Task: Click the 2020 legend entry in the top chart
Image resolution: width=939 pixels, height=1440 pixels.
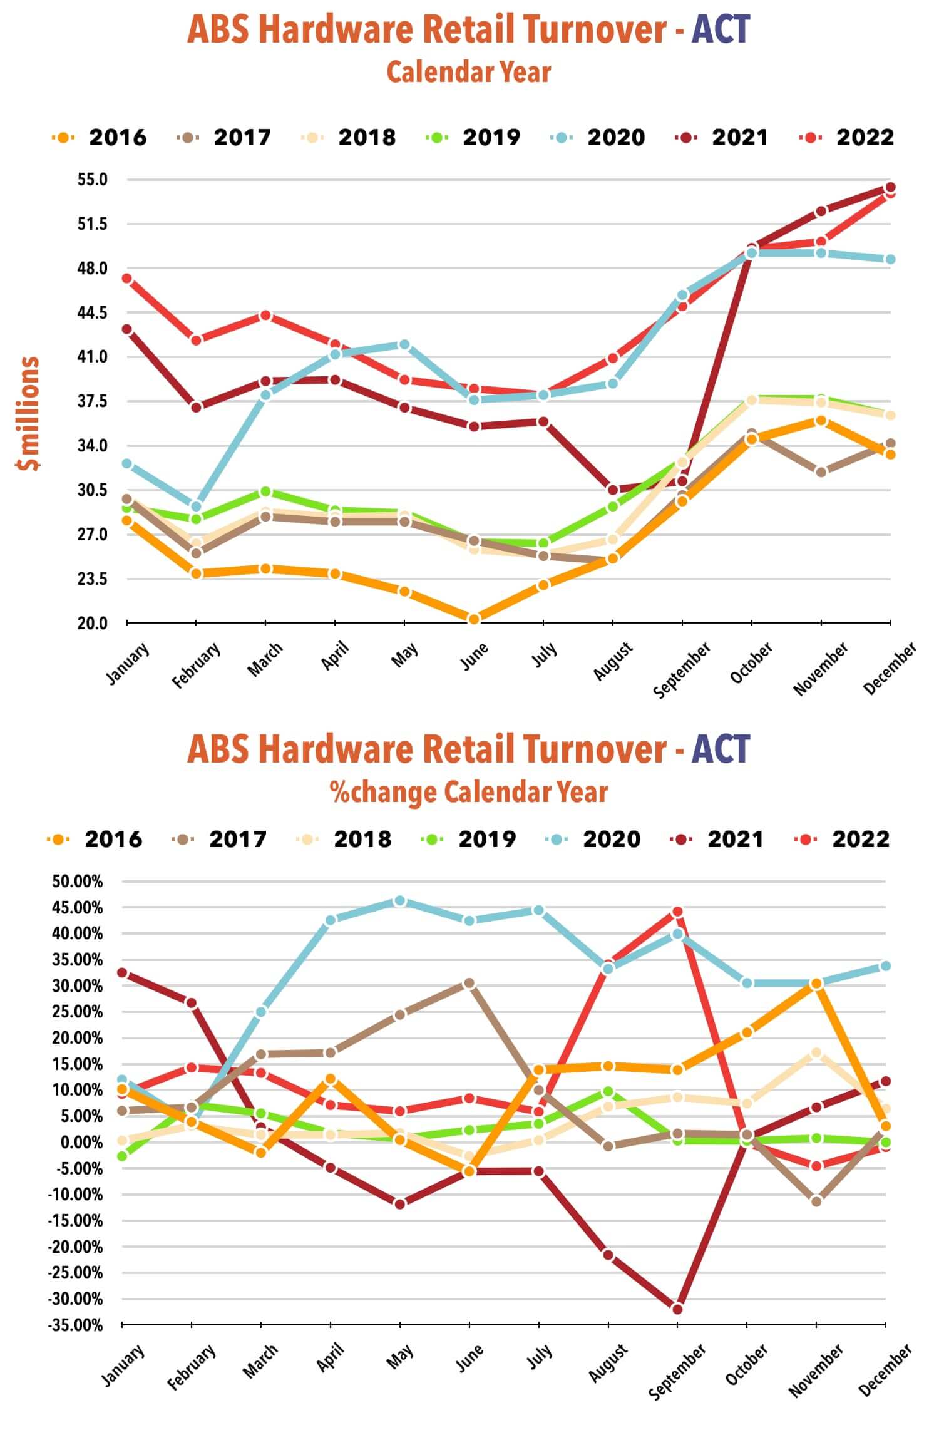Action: pyautogui.click(x=598, y=137)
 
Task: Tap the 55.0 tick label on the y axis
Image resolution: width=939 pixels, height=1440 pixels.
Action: pyautogui.click(x=93, y=180)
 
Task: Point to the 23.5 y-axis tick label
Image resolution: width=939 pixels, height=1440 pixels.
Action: pyautogui.click(x=93, y=579)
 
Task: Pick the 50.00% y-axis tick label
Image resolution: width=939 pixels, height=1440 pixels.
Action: pyautogui.click(x=77, y=882)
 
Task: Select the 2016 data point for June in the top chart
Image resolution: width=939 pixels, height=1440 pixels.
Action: pyautogui.click(x=474, y=619)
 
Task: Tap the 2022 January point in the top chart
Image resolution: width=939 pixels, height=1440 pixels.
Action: pyautogui.click(x=127, y=279)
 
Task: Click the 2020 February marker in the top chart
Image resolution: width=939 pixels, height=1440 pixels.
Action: pyautogui.click(x=196, y=507)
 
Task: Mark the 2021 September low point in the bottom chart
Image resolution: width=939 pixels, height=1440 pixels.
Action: pyautogui.click(x=677, y=1309)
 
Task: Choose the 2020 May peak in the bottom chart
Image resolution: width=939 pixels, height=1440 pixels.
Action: pyautogui.click(x=400, y=901)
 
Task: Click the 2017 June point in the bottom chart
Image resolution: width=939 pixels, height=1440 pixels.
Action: pyautogui.click(x=469, y=984)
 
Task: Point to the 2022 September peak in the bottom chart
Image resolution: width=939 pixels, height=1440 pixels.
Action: pyautogui.click(x=677, y=912)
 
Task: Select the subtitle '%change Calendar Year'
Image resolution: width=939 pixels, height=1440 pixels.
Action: pyautogui.click(x=469, y=792)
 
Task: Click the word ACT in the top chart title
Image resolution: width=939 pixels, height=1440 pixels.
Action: pyautogui.click(x=721, y=29)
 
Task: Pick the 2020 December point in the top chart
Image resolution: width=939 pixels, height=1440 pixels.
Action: pyautogui.click(x=890, y=259)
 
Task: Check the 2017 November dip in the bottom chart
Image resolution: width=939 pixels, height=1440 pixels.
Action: pyautogui.click(x=816, y=1201)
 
